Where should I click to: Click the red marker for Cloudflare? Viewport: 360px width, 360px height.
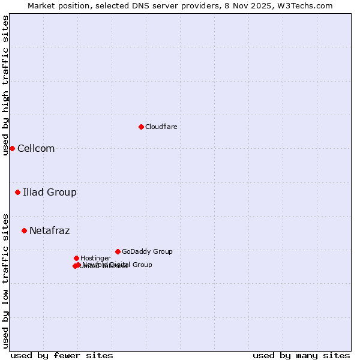[x=141, y=127]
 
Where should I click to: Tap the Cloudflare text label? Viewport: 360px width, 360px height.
[x=161, y=127]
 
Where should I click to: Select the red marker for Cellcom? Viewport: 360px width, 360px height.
[x=12, y=148]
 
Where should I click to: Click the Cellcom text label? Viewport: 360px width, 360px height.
[x=36, y=149]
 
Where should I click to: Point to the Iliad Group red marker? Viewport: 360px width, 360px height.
[x=18, y=192]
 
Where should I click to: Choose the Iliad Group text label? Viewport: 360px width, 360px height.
[x=50, y=193]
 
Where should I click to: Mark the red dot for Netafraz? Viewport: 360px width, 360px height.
[x=24, y=230]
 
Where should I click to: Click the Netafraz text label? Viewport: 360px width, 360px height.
[x=49, y=231]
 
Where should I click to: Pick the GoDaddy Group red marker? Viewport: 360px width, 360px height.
[x=118, y=251]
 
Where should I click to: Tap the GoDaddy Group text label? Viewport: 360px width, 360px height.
[x=147, y=252]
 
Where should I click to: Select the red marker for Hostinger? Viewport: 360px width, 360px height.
[x=76, y=258]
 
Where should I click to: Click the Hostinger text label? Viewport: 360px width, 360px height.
[x=95, y=259]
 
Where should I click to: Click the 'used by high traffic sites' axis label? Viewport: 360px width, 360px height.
[x=5, y=85]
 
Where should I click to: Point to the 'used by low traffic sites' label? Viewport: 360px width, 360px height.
[x=5, y=280]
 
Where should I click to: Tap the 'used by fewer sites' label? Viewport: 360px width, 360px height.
[x=62, y=355]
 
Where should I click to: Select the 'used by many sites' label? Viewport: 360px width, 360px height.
[x=301, y=355]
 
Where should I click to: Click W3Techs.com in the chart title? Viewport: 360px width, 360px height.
[x=308, y=5]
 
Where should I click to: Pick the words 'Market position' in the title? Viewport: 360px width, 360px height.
[x=57, y=5]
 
